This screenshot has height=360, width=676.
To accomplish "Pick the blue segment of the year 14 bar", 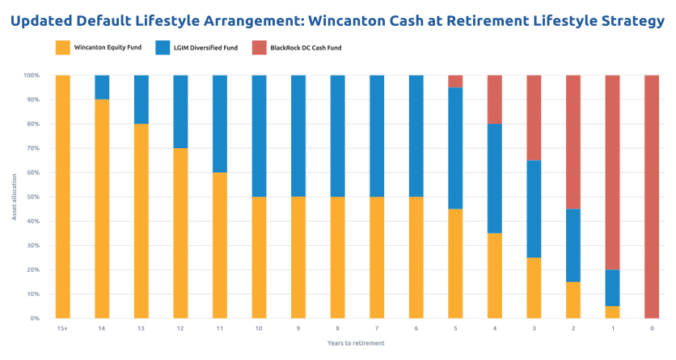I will [x=102, y=87].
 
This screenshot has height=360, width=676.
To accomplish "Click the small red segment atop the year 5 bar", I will [x=455, y=81].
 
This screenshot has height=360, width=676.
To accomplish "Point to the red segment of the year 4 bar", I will [x=494, y=100].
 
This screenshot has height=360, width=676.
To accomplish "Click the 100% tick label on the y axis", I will [x=32, y=75].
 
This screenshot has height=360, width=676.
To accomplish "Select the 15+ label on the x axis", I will [x=62, y=328].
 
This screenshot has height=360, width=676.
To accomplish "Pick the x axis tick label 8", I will [x=337, y=328].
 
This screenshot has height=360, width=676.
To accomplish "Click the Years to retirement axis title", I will [x=356, y=343].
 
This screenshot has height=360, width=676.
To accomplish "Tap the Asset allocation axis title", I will [x=14, y=197].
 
